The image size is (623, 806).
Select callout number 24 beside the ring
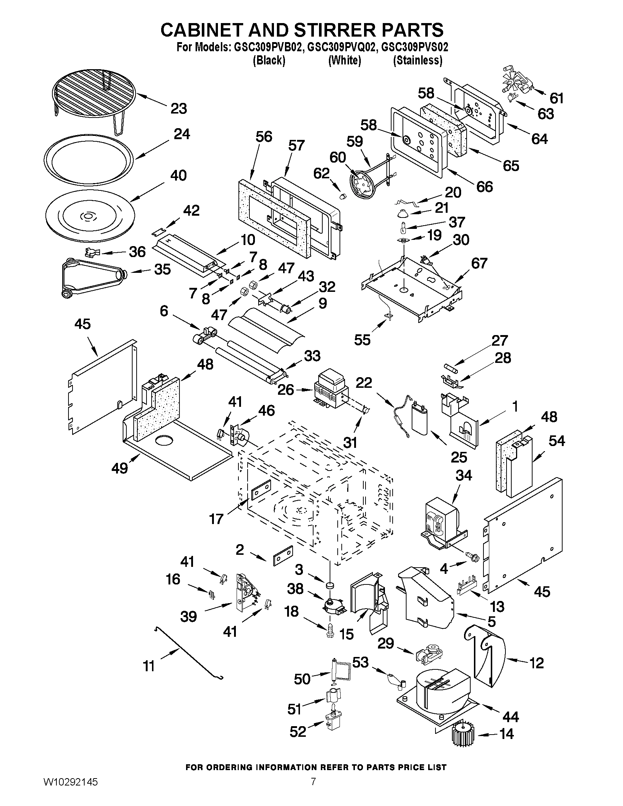(181, 134)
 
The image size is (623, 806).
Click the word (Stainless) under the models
(418, 60)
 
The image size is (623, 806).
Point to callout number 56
(263, 137)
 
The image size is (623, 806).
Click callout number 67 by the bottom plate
(479, 263)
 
